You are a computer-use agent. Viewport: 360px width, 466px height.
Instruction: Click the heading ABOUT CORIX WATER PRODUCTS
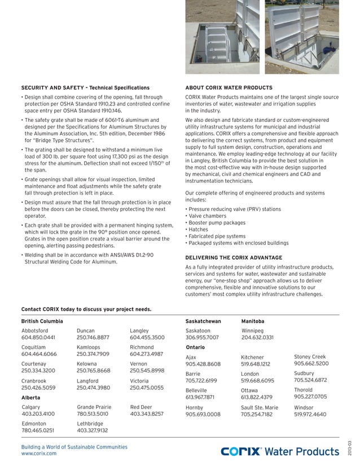click(229, 88)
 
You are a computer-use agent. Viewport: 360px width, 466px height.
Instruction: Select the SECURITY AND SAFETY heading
click(85, 88)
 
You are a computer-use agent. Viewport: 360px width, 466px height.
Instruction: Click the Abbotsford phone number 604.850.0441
click(38, 337)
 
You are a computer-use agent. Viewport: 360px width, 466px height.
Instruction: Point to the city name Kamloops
click(89, 346)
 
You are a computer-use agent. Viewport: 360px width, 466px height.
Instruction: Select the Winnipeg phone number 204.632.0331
click(257, 337)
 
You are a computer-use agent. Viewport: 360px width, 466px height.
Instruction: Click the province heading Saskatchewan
click(203, 321)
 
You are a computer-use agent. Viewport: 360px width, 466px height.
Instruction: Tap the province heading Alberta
click(30, 398)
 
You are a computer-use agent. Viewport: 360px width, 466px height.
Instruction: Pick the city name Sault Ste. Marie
click(260, 407)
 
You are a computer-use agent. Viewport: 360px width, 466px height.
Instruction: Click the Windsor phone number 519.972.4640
click(310, 414)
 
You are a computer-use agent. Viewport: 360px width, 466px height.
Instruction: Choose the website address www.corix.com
click(39, 454)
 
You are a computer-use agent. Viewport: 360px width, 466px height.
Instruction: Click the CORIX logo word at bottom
click(241, 451)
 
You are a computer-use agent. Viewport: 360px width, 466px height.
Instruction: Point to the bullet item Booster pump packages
click(217, 223)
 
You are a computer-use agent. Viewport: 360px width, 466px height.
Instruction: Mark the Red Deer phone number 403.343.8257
click(147, 414)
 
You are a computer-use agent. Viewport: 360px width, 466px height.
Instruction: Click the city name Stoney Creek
click(310, 357)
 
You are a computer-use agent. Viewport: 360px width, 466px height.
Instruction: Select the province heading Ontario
click(195, 347)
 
